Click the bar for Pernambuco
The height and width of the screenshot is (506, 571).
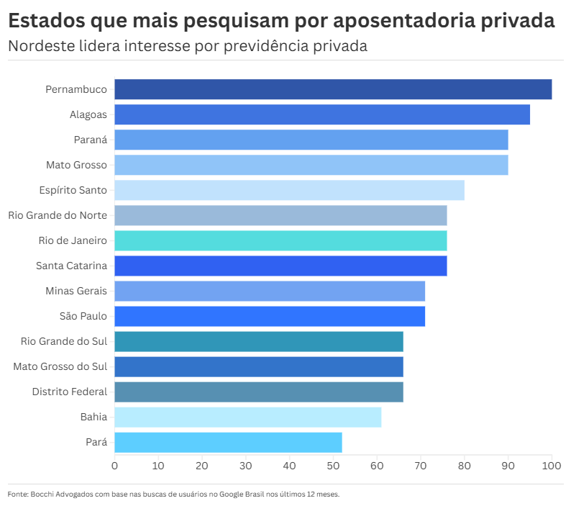point(333,89)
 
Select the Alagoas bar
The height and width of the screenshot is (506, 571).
point(322,114)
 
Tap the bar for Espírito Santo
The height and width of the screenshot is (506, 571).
point(289,190)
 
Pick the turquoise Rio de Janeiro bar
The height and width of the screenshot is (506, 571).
point(280,240)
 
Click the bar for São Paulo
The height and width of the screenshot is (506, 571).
point(270,316)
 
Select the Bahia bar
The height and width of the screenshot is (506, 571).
point(247,417)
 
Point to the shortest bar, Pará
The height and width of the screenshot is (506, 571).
point(228,442)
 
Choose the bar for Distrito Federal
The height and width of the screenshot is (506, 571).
point(259,392)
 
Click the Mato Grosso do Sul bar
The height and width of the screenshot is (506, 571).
point(259,366)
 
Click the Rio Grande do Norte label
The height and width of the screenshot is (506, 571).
point(58,215)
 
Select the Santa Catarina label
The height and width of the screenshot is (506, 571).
point(71,266)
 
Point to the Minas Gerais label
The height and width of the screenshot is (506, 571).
point(76,291)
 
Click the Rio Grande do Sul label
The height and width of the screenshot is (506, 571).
point(63,341)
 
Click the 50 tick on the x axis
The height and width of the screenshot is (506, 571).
point(333,466)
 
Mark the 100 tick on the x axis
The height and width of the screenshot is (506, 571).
point(552,466)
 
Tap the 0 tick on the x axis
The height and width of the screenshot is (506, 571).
point(114,466)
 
